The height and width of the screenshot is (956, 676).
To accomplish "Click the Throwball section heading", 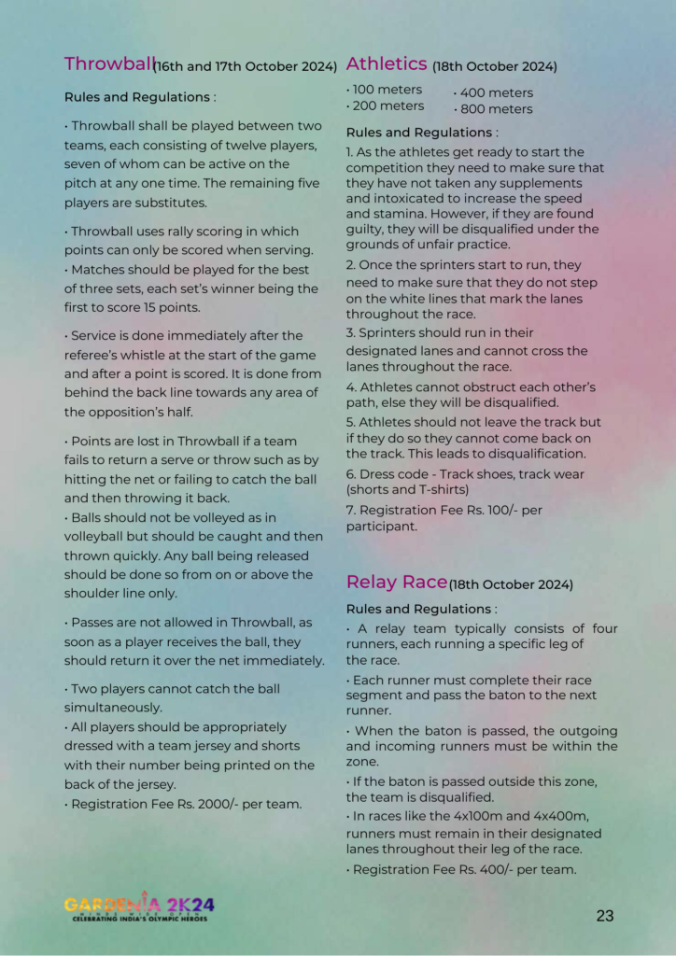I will coord(107,64).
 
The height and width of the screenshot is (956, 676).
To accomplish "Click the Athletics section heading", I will coord(386,64).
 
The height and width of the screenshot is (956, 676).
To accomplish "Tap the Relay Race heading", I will coord(396,583).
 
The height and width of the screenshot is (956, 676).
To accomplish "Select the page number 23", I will coord(605,916).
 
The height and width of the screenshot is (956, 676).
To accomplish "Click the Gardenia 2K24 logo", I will coord(140,906).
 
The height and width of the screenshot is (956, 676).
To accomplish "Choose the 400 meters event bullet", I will coord(495,93).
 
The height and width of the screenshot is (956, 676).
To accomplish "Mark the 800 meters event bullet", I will coord(495,109).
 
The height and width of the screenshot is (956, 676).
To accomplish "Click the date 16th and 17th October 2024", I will coord(246,67).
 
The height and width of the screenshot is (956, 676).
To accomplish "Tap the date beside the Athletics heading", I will coord(495,67).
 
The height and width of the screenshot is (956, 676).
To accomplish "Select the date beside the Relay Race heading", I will coord(511,585).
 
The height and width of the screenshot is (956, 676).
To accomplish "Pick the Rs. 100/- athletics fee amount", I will coord(493,511).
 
